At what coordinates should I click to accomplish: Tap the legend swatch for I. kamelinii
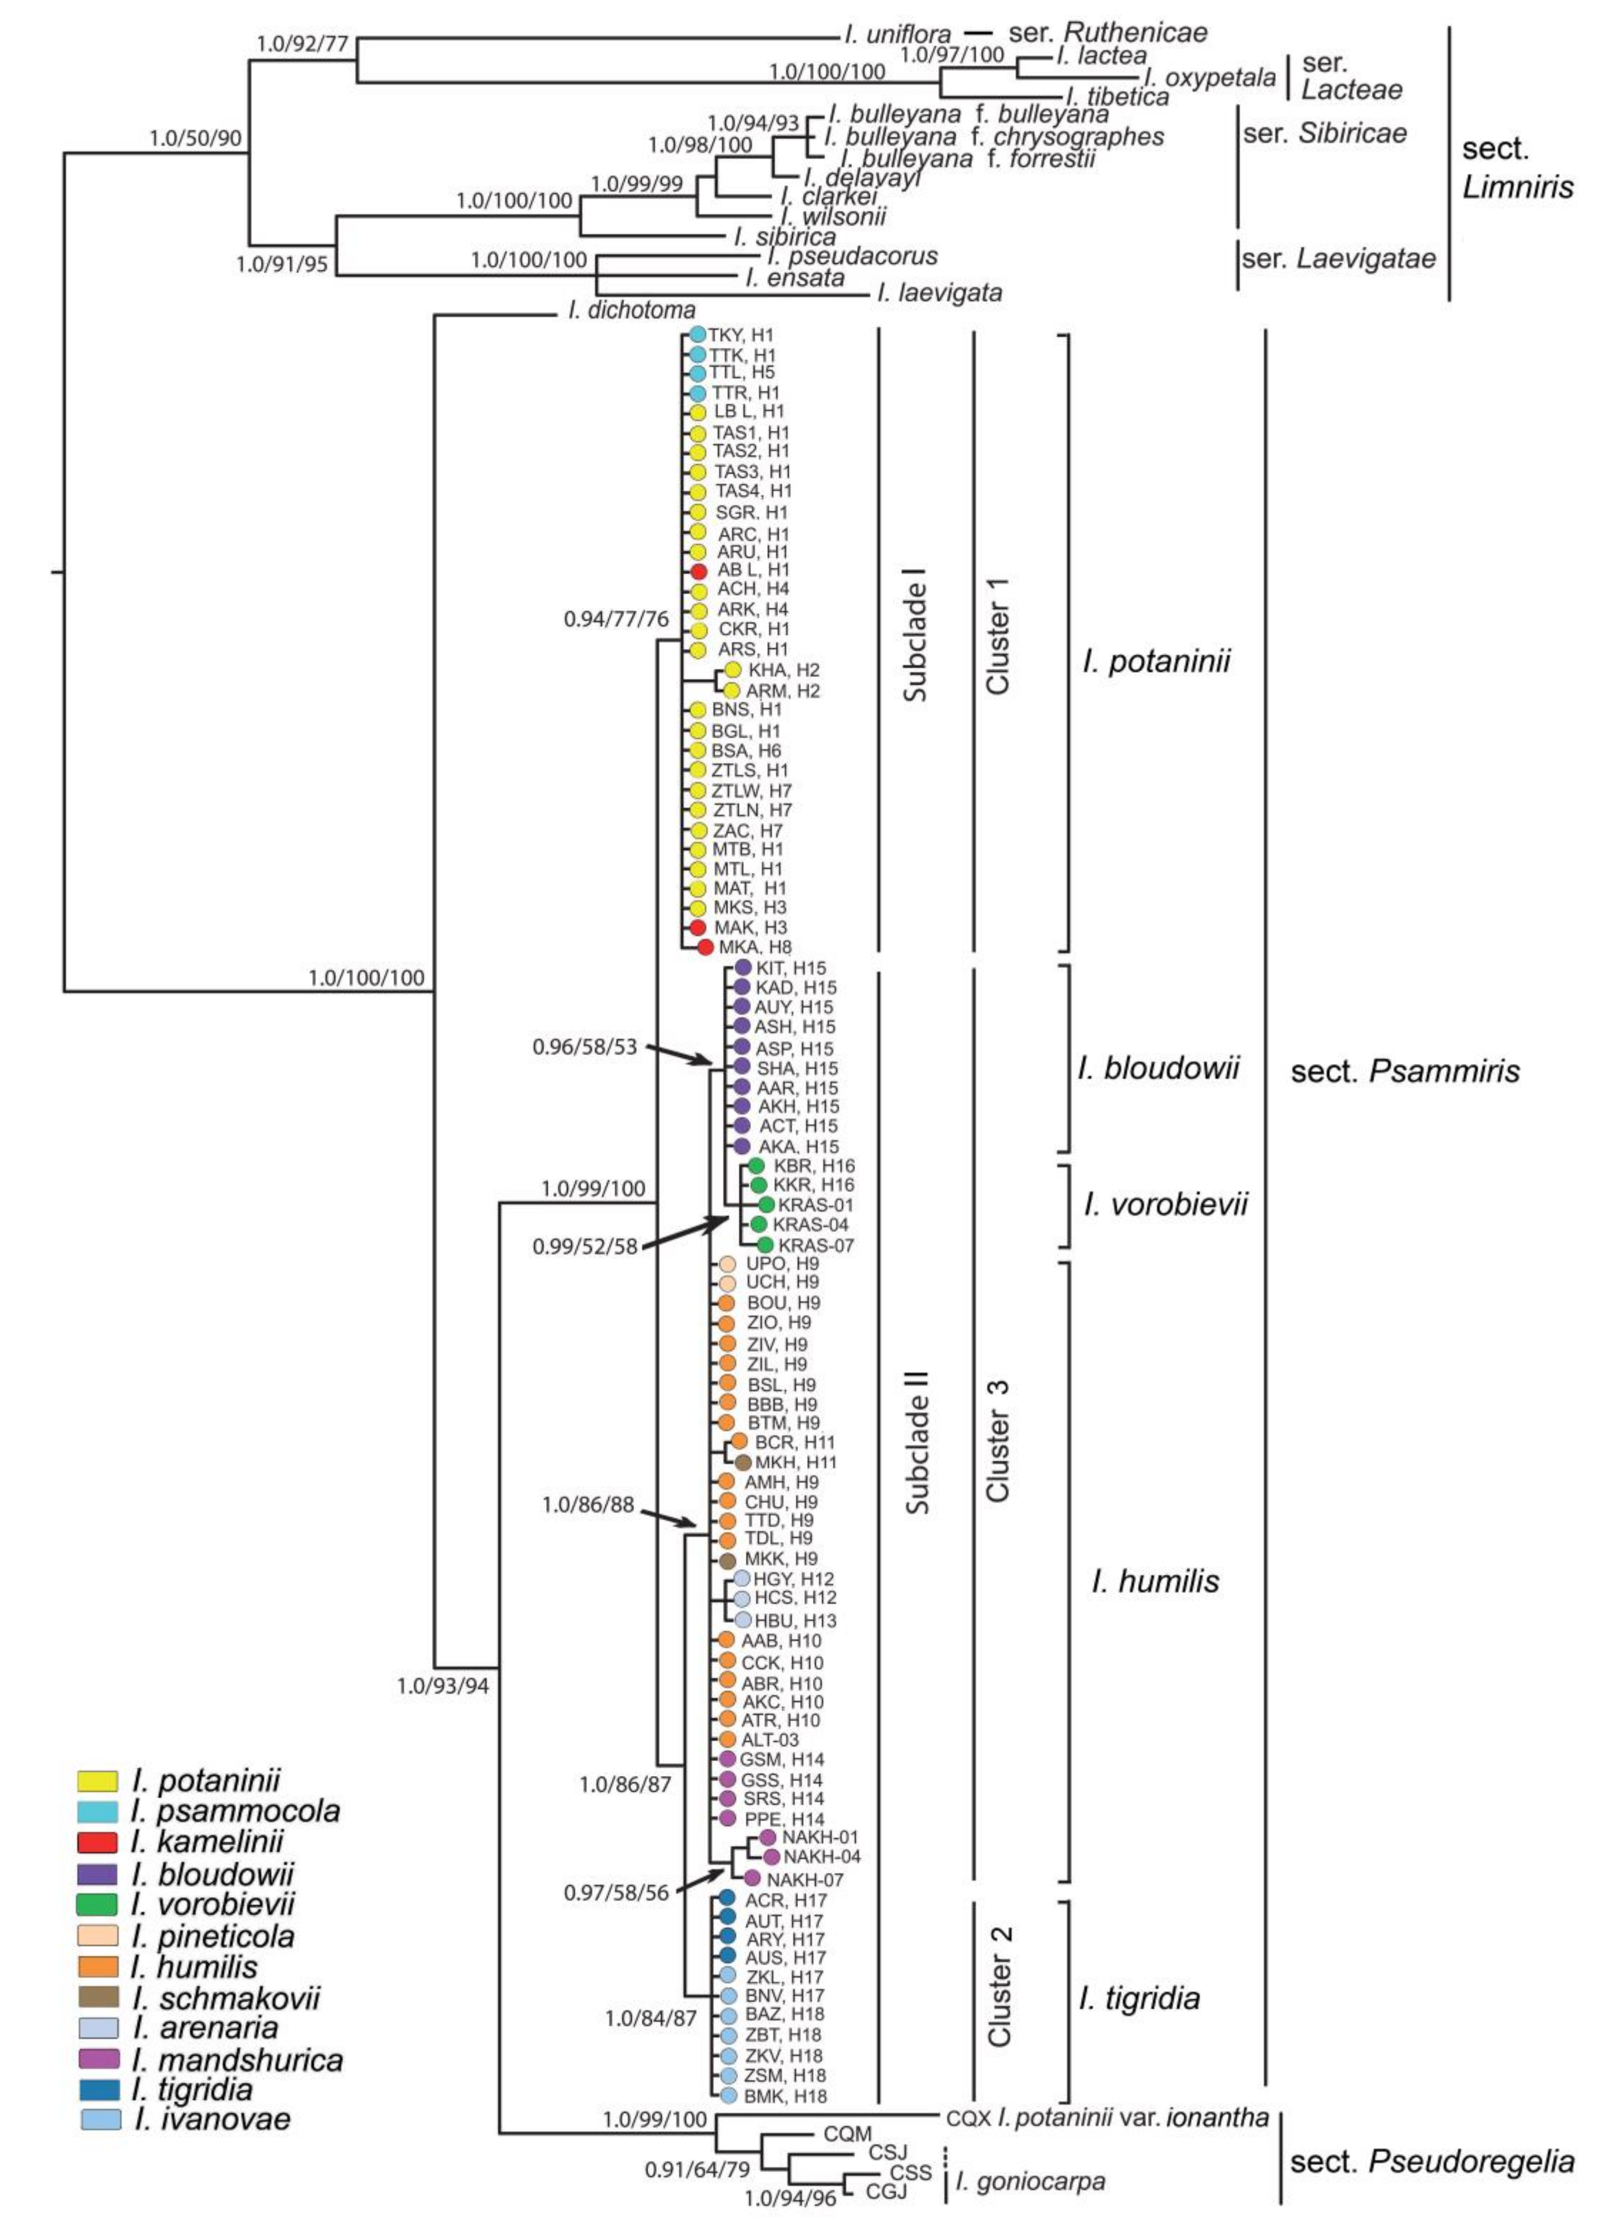point(97,1841)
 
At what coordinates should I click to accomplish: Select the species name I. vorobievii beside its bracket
point(1166,1205)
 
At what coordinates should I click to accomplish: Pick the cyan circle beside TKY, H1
point(697,335)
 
